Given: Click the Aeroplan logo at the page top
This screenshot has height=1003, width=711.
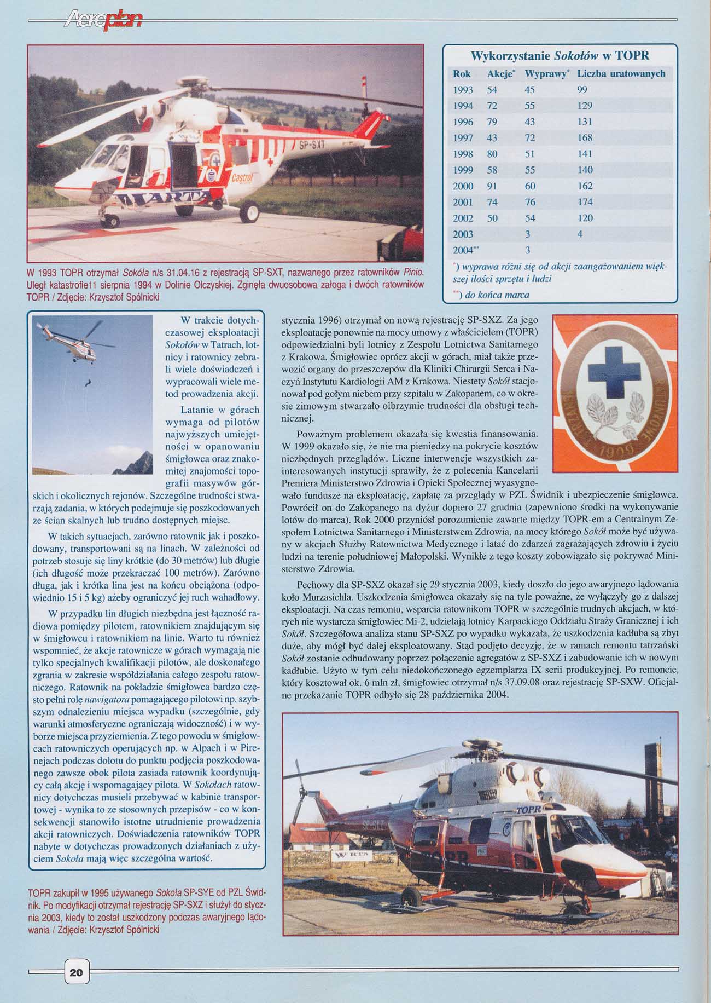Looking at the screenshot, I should (x=103, y=21).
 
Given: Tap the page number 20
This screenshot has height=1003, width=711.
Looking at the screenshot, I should (x=76, y=972).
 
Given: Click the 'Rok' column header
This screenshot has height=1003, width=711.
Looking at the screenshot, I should (x=462, y=74).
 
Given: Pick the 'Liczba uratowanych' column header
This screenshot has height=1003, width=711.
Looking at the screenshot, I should (x=621, y=74).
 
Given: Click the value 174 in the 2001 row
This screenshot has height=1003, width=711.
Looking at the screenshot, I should (x=585, y=202).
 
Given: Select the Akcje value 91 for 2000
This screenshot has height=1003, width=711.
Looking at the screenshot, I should (x=492, y=186).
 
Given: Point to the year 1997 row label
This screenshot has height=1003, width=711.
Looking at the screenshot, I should (x=463, y=138).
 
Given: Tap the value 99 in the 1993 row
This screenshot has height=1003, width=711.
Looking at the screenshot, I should (x=582, y=90).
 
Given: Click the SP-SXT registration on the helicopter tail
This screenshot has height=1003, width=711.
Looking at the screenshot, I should (x=312, y=146).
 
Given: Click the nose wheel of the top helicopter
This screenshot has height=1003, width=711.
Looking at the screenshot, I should (x=111, y=221).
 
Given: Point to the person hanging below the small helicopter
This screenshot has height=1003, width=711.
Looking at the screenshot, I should (x=87, y=384).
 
